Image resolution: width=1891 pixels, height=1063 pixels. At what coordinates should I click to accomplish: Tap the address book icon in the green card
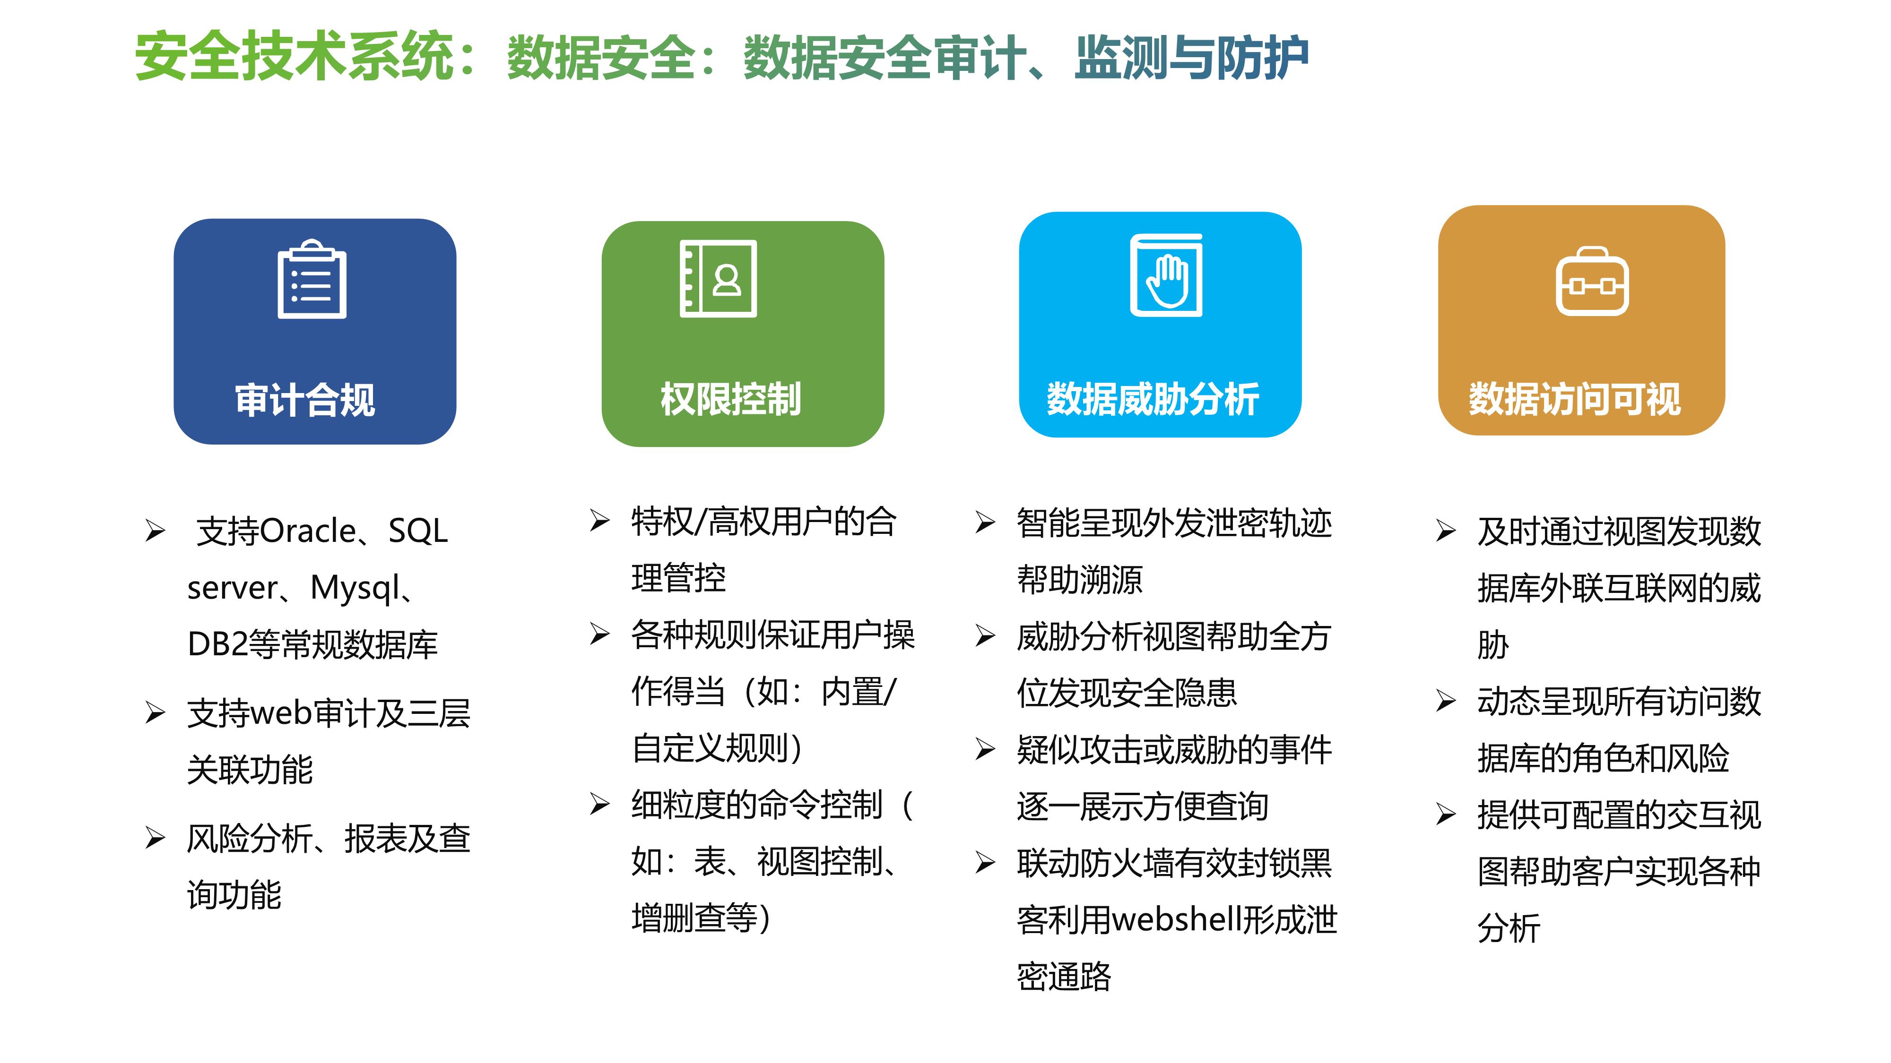coord(718,279)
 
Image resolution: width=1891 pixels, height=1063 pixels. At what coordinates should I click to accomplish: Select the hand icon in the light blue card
coord(1166,275)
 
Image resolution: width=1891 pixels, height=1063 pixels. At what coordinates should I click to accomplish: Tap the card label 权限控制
coord(730,399)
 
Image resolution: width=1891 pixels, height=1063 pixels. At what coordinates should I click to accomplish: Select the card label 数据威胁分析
coord(1153,399)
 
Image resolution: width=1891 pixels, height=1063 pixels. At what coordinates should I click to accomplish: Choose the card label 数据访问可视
coord(1575,399)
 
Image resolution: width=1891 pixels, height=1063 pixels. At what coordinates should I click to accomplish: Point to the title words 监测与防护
coord(1191,57)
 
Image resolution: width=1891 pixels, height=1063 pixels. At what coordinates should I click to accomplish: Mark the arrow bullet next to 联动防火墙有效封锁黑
coord(984,863)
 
